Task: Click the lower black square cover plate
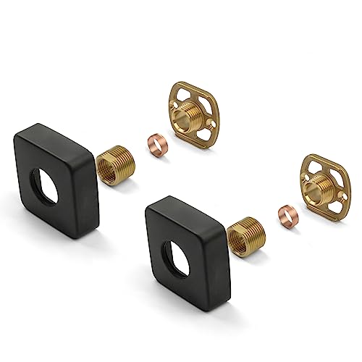pyautogui.click(x=167, y=217)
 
